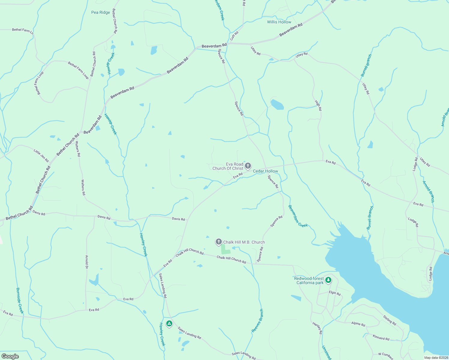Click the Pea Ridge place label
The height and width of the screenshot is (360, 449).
click(101, 12)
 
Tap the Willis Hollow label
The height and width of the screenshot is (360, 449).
click(279, 22)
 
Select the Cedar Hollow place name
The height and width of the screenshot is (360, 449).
click(265, 171)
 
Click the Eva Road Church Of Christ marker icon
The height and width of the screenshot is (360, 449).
click(248, 166)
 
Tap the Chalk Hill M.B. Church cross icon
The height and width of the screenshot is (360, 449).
click(219, 242)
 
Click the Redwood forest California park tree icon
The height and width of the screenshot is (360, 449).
click(328, 280)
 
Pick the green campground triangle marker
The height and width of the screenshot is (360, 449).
click(169, 323)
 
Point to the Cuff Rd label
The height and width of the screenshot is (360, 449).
click(234, 36)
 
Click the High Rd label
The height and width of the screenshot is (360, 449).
click(318, 106)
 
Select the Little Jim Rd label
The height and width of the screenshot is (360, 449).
click(41, 156)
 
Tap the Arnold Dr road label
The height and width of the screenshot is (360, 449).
click(87, 262)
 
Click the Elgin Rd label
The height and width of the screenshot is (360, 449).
click(335, 293)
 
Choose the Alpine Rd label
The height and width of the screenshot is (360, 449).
click(358, 324)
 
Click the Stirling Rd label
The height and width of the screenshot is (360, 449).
click(390, 320)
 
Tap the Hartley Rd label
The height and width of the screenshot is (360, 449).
click(317, 328)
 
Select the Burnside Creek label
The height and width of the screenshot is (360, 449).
click(20, 301)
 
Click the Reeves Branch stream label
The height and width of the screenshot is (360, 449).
click(257, 321)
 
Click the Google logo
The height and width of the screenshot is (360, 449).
click(10, 356)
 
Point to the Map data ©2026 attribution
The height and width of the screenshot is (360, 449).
click(436, 358)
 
